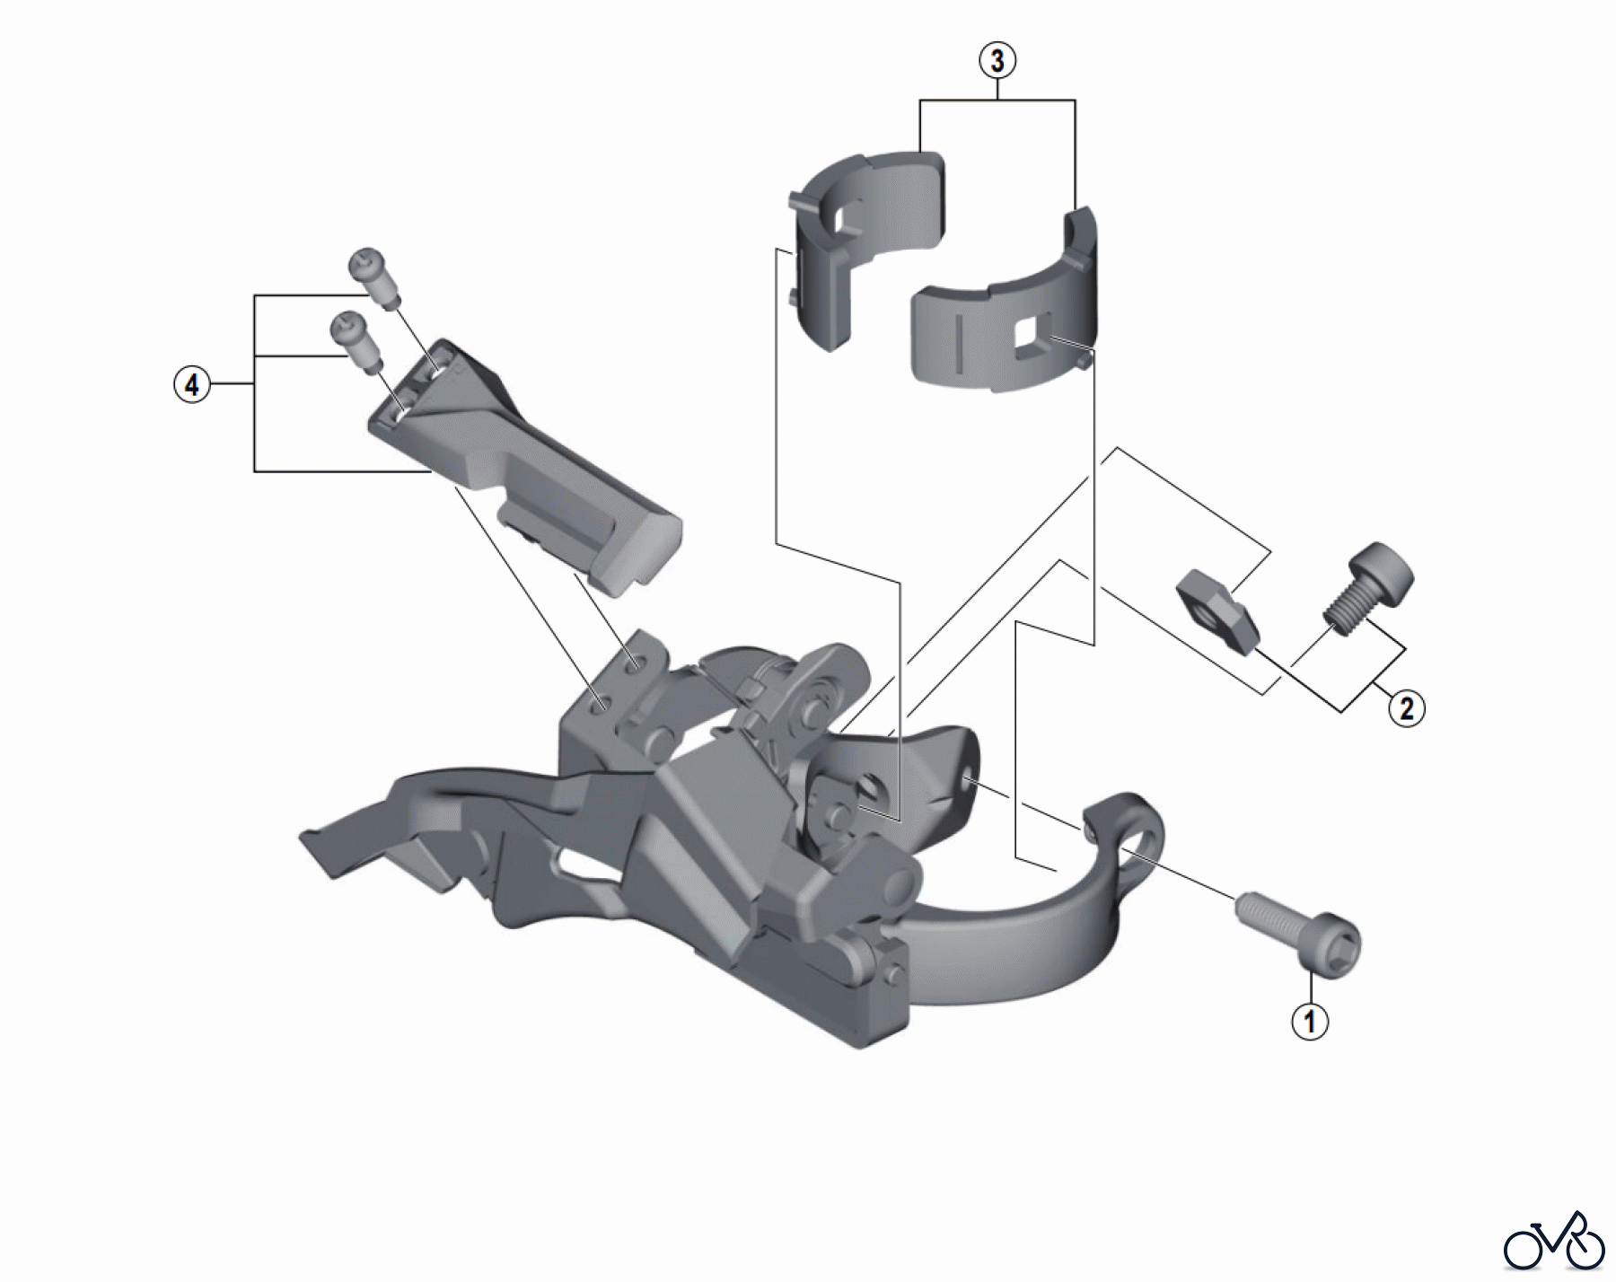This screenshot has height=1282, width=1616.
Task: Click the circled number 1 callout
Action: (x=1309, y=1021)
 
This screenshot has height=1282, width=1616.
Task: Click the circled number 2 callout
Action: (x=1406, y=708)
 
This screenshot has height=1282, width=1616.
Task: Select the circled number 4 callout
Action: (x=191, y=385)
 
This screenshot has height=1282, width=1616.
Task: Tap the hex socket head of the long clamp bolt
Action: (x=1337, y=947)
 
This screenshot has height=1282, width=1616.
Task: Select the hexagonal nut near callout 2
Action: (x=1215, y=610)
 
